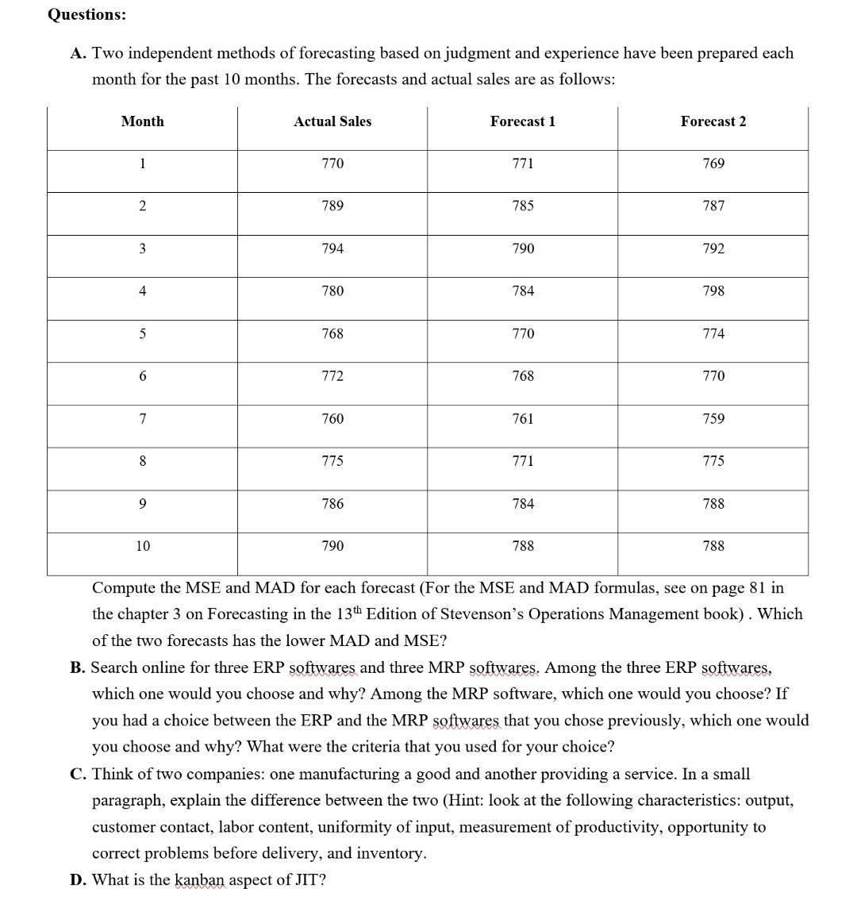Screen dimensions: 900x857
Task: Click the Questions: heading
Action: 86,14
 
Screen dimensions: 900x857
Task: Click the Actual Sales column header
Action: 332,121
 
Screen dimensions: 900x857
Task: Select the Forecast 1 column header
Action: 522,121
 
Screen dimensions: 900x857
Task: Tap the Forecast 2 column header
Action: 713,121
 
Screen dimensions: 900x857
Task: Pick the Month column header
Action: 142,121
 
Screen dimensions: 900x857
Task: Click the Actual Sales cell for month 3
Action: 332,248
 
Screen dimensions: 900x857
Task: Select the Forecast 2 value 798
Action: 713,291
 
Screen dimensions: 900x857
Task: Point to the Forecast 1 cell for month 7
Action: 522,418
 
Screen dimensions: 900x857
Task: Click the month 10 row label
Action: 142,546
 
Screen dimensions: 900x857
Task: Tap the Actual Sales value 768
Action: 332,333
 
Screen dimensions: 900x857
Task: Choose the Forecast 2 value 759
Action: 713,418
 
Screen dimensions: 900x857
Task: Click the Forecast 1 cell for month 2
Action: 522,206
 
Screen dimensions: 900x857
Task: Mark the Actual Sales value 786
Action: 332,503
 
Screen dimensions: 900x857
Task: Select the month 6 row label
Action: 142,376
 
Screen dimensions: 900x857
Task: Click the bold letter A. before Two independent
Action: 77,53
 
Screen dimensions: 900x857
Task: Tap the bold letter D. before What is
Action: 78,879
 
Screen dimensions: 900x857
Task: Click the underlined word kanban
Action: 199,879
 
